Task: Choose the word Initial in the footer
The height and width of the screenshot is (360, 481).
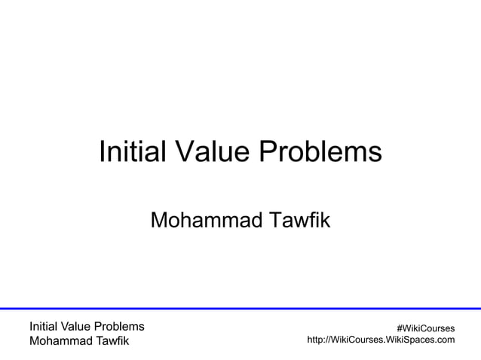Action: point(44,327)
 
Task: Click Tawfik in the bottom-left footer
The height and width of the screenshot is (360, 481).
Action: point(112,342)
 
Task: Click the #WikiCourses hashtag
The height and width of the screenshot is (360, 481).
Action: point(425,328)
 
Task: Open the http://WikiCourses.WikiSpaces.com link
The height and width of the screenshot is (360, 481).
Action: point(381,340)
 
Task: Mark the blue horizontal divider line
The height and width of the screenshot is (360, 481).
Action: point(240,308)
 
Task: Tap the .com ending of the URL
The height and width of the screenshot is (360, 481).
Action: point(444,340)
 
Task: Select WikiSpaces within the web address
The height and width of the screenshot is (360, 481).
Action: point(410,340)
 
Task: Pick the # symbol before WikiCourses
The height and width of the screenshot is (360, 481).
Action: point(400,328)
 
